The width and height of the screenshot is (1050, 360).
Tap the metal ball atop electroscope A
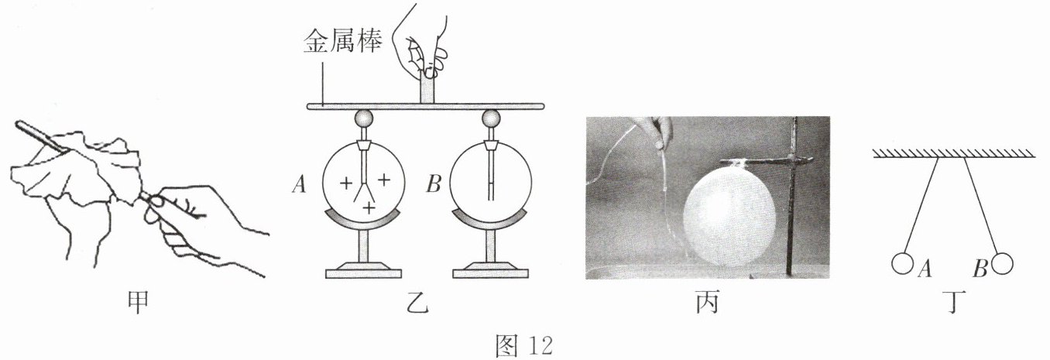coord(363,119)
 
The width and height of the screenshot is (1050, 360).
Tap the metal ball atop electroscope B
coord(490,119)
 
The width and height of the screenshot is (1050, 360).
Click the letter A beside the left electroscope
coord(298,184)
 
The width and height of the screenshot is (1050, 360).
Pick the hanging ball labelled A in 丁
coord(902,264)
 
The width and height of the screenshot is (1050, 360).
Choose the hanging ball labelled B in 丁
coord(1002,264)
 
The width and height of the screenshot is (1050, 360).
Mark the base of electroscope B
coord(490,271)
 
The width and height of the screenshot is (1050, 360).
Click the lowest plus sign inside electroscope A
coord(369,210)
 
